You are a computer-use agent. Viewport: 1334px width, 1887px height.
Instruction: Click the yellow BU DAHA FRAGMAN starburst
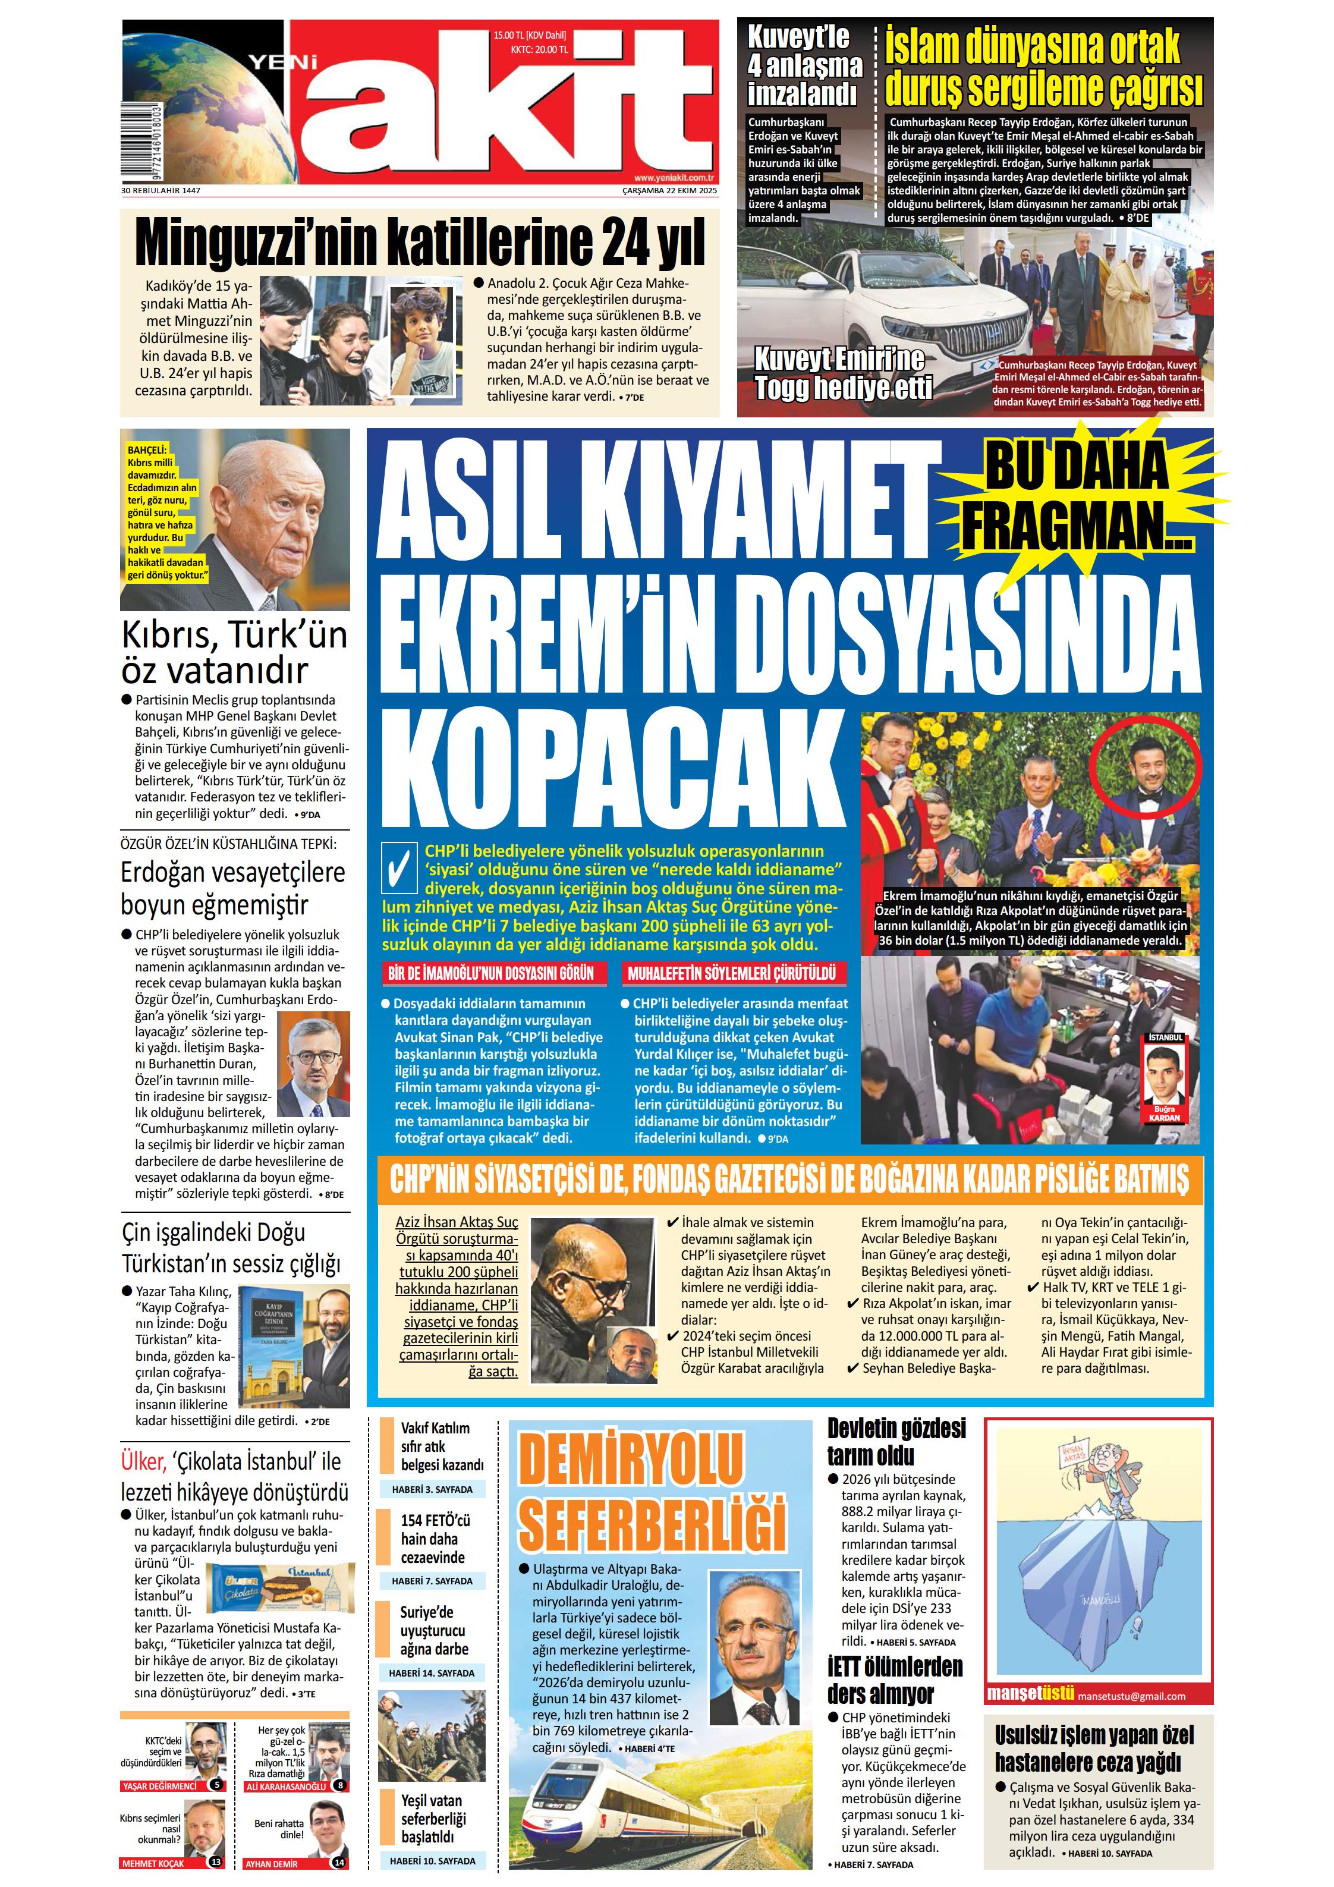point(1077,496)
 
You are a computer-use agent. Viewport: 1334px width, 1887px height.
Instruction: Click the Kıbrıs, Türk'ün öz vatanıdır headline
point(234,653)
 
